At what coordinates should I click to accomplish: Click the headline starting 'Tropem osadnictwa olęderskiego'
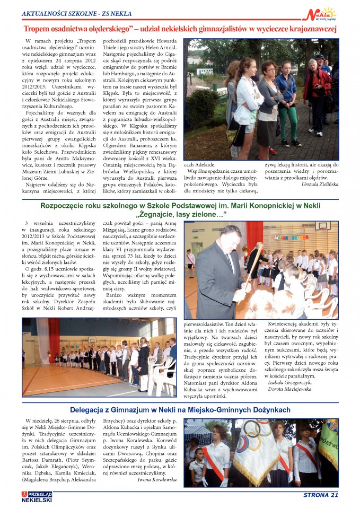180,30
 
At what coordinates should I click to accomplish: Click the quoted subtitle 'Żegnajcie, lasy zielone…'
181,214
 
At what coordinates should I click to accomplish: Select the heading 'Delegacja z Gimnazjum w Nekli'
180,410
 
